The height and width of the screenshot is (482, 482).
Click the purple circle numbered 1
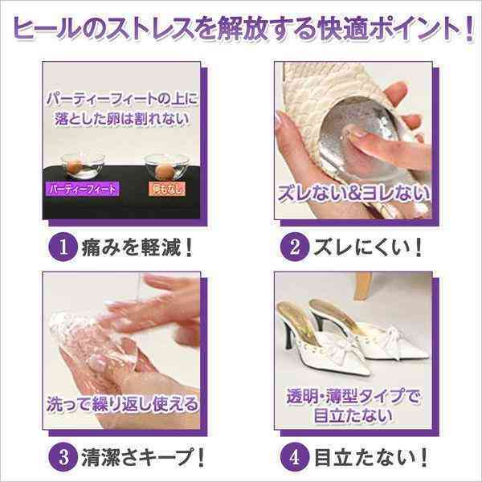click(x=63, y=247)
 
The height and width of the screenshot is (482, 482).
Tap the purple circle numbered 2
click(x=295, y=247)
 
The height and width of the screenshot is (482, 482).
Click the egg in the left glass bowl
click(x=75, y=166)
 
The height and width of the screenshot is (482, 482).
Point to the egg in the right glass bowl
click(x=163, y=171)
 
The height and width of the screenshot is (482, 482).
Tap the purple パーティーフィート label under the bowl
click(x=82, y=189)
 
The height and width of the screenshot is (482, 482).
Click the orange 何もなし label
click(x=167, y=189)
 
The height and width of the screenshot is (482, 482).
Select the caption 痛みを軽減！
click(x=137, y=247)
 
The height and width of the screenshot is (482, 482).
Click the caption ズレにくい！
click(x=367, y=247)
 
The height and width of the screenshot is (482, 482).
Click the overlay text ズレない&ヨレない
click(x=353, y=194)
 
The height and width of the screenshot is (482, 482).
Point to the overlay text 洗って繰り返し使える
click(x=122, y=403)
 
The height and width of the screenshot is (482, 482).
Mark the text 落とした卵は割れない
click(x=122, y=119)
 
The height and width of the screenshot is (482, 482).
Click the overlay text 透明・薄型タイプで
click(x=353, y=397)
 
